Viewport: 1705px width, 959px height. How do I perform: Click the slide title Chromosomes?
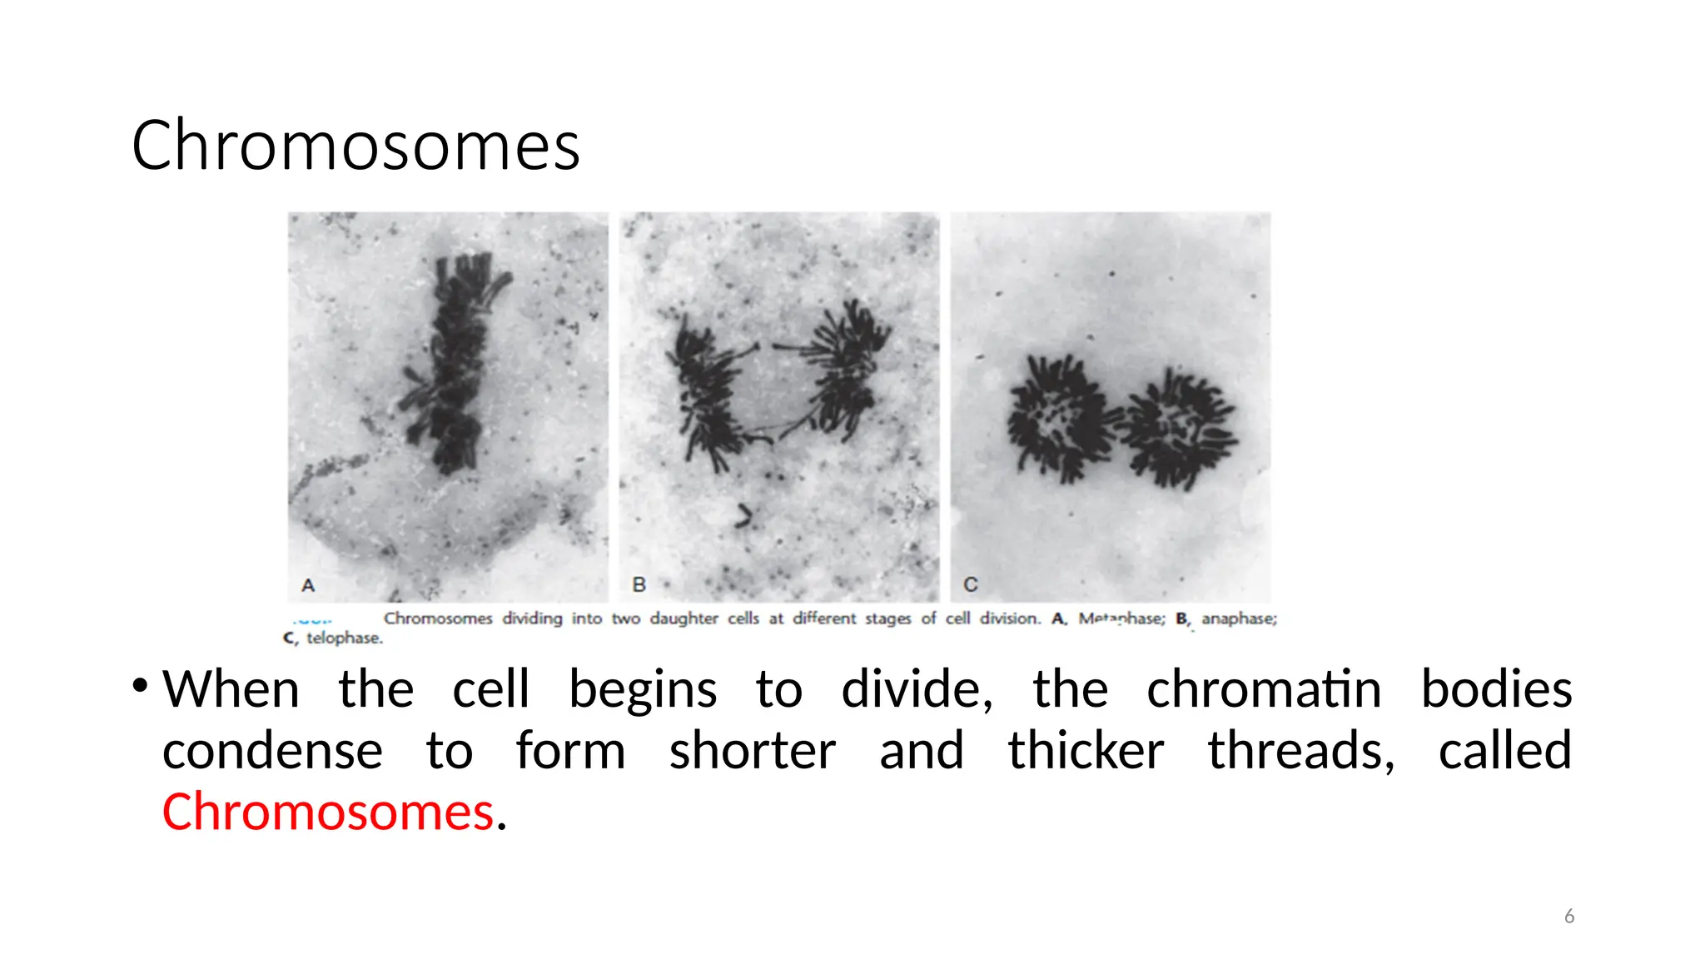click(x=355, y=146)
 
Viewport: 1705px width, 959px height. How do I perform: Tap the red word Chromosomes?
click(x=328, y=812)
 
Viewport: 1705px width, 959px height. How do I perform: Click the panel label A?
click(x=308, y=585)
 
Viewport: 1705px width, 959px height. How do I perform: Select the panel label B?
click(x=639, y=584)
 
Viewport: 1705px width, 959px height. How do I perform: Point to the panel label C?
click(x=970, y=584)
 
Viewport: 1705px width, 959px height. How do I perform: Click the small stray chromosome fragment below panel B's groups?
click(x=743, y=516)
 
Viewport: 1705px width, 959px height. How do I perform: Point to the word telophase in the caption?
click(x=345, y=638)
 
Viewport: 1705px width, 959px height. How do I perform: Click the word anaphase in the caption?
click(x=1238, y=619)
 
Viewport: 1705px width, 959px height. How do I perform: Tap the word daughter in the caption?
click(x=683, y=619)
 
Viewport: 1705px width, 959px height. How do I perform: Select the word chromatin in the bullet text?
click(x=1264, y=689)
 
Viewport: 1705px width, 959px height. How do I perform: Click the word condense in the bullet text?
click(x=272, y=751)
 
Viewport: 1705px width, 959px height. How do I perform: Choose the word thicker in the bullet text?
click(x=1086, y=751)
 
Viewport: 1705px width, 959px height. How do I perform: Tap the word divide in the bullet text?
click(x=915, y=689)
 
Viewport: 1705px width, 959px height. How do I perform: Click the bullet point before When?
click(x=140, y=686)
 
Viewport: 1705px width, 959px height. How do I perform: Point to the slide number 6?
click(x=1568, y=917)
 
